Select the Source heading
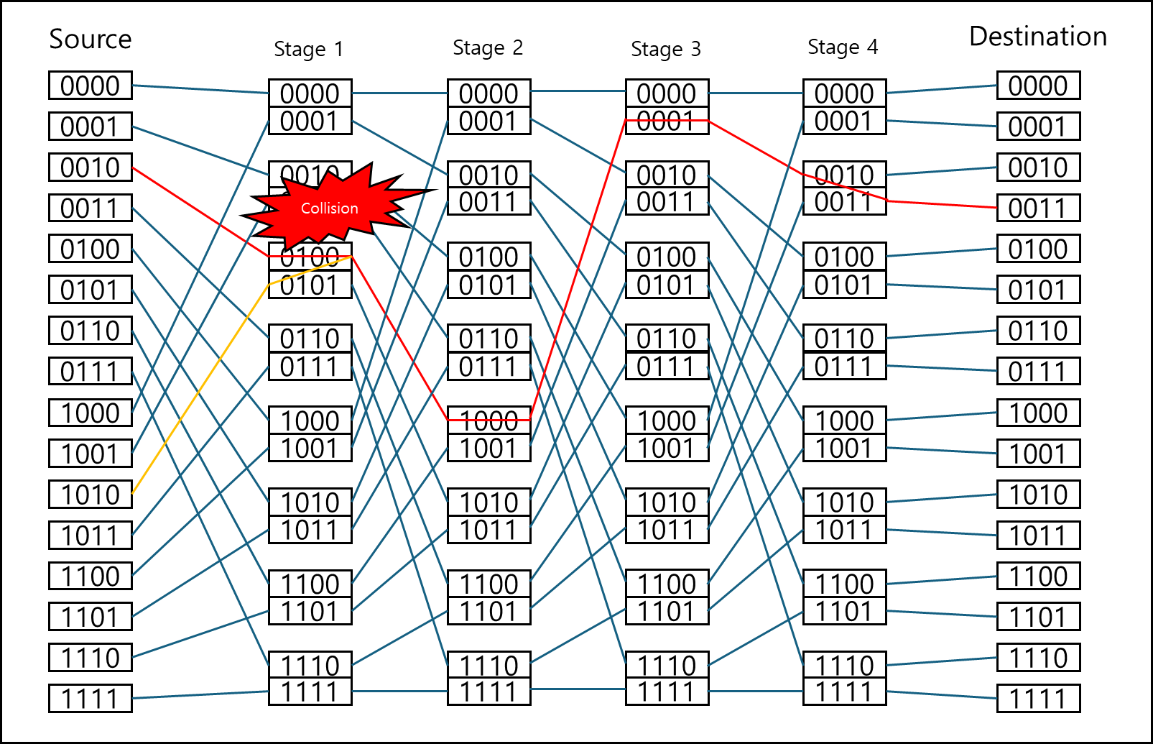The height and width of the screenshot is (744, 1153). pos(91,39)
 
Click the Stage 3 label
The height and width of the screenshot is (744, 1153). pos(665,49)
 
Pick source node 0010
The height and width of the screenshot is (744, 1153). pos(91,167)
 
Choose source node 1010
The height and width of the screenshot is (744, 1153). pos(91,495)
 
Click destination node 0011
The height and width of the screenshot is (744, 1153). pos(1038,208)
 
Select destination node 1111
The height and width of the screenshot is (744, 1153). pos(1038,699)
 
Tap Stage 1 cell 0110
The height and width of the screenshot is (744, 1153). pos(310,339)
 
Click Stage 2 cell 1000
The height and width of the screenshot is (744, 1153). pos(488,421)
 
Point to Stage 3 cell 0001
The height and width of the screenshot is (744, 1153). pos(667,121)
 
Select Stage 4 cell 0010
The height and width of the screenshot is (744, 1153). pos(844,175)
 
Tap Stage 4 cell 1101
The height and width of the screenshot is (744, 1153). pos(844,612)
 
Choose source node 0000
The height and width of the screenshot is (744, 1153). pos(91,86)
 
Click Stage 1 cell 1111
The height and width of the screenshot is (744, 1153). pos(310,692)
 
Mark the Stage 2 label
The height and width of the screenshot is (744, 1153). pos(488,47)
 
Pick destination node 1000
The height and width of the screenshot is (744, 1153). pos(1038,413)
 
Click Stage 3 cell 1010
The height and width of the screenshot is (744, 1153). pos(667,502)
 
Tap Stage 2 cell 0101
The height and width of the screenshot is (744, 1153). pos(488,285)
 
